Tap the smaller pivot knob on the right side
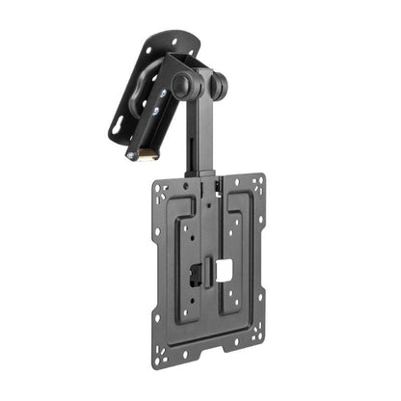pyautogui.click(x=219, y=88)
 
